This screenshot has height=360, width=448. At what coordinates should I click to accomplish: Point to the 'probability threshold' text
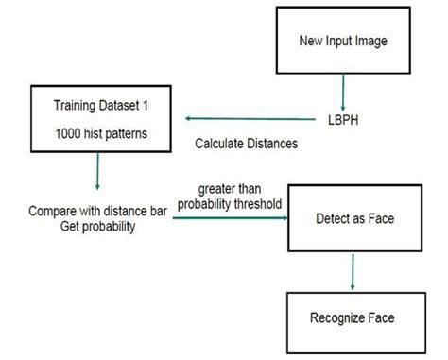point(231,203)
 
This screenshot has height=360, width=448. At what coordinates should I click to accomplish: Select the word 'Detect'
point(330,218)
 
